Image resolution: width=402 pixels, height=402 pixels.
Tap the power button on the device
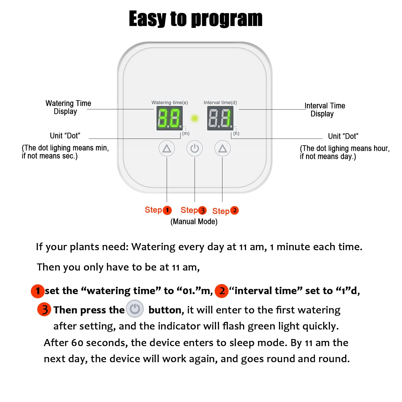tap(195, 148)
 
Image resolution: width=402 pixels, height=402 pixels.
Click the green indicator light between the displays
tap(195, 118)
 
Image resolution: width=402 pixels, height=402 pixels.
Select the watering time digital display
tap(169, 118)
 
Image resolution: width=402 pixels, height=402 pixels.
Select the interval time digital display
tap(220, 118)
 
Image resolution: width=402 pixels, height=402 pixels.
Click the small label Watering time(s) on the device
tap(170, 102)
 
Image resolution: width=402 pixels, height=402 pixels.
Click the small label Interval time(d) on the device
tap(220, 102)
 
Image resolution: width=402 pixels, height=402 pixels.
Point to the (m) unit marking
tap(186, 133)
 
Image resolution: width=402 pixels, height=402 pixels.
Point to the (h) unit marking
tap(236, 133)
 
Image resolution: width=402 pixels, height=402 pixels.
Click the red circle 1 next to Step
tap(167, 210)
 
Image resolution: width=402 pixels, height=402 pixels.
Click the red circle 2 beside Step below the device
tap(234, 210)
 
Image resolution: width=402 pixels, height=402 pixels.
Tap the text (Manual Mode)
tap(194, 222)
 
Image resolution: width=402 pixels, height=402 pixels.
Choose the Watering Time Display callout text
tap(68, 107)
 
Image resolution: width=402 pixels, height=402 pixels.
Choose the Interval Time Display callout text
tap(325, 110)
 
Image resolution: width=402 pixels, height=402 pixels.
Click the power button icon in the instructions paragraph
tap(135, 309)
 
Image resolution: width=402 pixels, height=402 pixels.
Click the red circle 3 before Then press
tap(44, 309)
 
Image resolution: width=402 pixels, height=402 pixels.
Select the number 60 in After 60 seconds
tap(77, 343)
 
